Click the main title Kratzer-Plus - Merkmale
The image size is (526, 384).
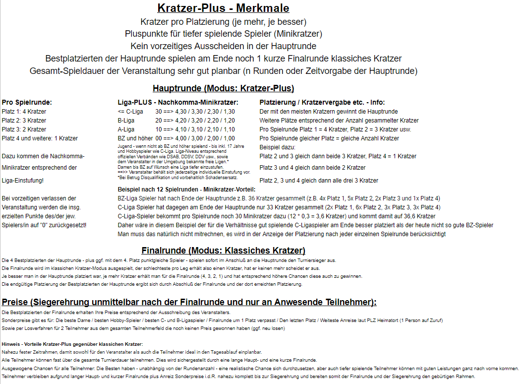[223, 8]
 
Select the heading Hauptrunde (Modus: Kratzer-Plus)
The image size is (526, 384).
[223, 89]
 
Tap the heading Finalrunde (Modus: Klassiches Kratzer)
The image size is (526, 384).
[223, 251]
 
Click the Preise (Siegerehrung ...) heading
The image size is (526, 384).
[189, 302]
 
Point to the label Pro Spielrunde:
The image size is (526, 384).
[27, 103]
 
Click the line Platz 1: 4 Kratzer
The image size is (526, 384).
[24, 112]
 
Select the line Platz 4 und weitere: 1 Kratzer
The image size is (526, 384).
[40, 138]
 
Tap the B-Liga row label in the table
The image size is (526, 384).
[126, 121]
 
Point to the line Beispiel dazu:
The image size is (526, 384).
[277, 147]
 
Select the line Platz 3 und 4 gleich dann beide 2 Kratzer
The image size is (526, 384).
[312, 168]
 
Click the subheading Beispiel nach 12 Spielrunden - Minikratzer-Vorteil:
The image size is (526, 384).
[186, 190]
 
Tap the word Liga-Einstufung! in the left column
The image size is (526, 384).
[23, 181]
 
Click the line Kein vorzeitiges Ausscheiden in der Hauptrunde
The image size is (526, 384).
[223, 46]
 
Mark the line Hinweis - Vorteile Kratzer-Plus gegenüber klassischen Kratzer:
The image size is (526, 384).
[72, 344]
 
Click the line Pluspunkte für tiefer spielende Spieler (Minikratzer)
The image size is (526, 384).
[223, 34]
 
